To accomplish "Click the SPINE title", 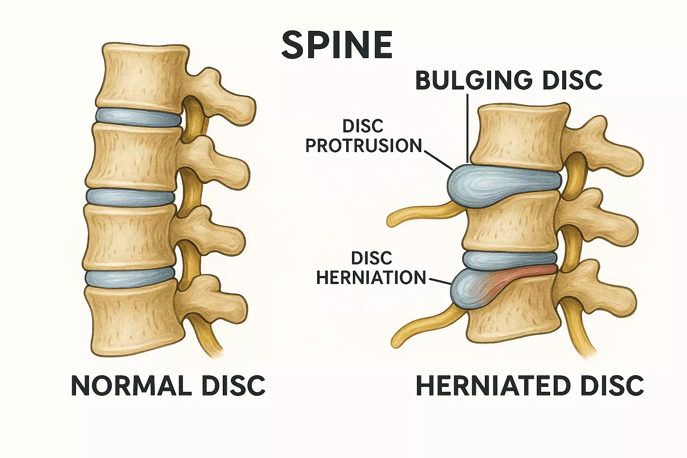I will (337, 45).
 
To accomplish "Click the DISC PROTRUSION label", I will (363, 136).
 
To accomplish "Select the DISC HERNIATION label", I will (371, 268).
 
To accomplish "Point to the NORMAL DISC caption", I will (168, 386).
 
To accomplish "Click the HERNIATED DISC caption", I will (530, 386).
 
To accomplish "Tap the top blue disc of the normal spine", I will (139, 117).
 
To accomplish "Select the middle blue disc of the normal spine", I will (130, 197).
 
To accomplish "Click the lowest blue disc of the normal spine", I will (130, 277).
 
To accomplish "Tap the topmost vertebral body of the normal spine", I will (143, 76).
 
